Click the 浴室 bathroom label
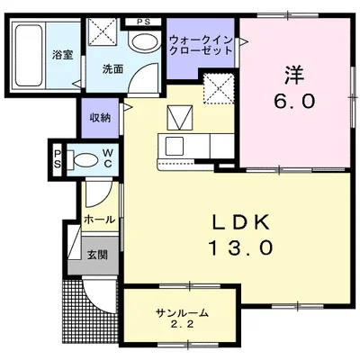tap(63, 55)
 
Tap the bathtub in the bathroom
tap(29, 56)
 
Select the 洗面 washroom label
tap(112, 69)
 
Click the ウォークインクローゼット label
tap(201, 45)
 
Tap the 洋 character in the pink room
tap(294, 75)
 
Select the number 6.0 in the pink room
tap(294, 102)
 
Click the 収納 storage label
tap(100, 118)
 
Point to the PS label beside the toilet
tap(58, 159)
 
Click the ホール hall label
tap(100, 220)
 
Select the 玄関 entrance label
tap(97, 255)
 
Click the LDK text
tap(240, 223)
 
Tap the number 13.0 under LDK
tap(240, 247)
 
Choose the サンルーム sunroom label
tap(182, 313)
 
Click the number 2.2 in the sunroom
tap(182, 324)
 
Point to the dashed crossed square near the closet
tap(219, 89)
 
